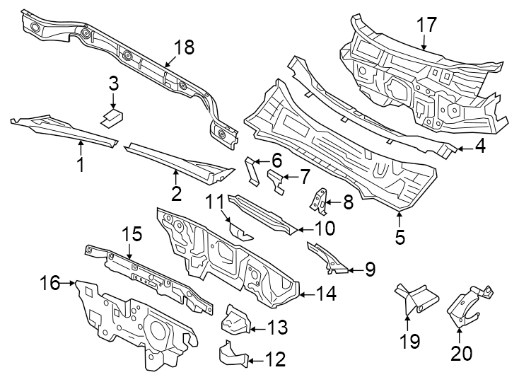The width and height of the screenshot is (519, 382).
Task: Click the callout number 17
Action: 426,25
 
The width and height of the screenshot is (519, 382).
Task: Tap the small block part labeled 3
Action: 111,116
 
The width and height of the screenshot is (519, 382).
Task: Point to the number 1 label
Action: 81,166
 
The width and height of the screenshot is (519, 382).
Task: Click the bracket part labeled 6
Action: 252,169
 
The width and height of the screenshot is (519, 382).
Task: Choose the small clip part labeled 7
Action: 276,181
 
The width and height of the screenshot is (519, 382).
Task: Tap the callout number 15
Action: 132,233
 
